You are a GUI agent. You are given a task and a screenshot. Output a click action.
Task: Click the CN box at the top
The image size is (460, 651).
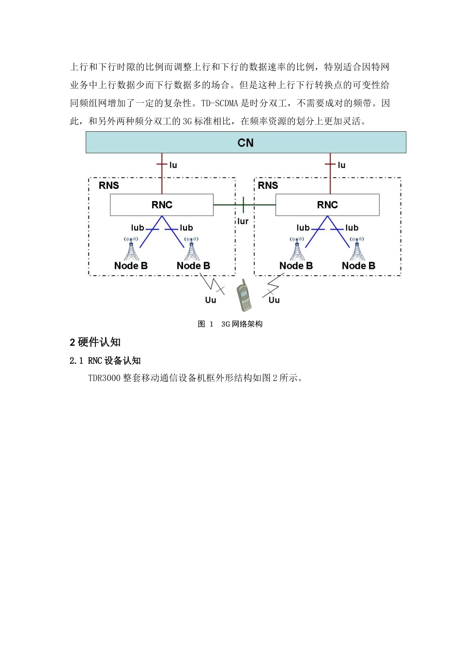click(245, 142)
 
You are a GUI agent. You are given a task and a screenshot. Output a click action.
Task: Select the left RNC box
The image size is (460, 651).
click(162, 205)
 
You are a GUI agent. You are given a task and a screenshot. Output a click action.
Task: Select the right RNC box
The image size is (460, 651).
click(327, 205)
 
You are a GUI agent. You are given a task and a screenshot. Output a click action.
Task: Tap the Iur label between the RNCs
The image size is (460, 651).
click(243, 221)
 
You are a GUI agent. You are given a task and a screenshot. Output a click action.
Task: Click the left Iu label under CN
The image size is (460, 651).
click(173, 165)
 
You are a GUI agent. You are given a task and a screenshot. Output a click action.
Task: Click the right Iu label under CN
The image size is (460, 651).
click(341, 165)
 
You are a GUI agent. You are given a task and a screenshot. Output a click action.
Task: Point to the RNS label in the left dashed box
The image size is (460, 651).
click(109, 186)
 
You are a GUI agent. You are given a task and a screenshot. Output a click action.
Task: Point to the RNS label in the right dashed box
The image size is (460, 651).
click(268, 186)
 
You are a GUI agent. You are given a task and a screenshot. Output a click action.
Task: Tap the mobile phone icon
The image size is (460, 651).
click(244, 295)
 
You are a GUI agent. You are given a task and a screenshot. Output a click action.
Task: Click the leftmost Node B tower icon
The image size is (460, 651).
click(131, 248)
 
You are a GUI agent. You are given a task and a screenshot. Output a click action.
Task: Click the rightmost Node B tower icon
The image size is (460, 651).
click(357, 248)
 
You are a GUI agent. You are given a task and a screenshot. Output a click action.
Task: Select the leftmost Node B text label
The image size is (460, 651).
click(131, 266)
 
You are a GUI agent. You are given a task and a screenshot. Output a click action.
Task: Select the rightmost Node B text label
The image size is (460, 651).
click(358, 266)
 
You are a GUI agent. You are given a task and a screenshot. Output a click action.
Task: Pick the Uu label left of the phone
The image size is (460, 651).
click(210, 300)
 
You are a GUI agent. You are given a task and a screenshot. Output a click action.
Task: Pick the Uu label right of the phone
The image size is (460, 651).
click(274, 300)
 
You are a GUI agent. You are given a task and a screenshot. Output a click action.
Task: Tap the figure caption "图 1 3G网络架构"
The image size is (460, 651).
click(230, 324)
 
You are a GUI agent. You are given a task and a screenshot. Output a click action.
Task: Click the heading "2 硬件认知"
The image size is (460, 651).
click(95, 342)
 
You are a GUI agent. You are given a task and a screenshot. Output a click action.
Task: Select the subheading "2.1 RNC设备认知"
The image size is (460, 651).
click(105, 361)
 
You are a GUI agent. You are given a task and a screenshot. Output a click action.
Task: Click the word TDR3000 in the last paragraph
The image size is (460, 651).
click(104, 378)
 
